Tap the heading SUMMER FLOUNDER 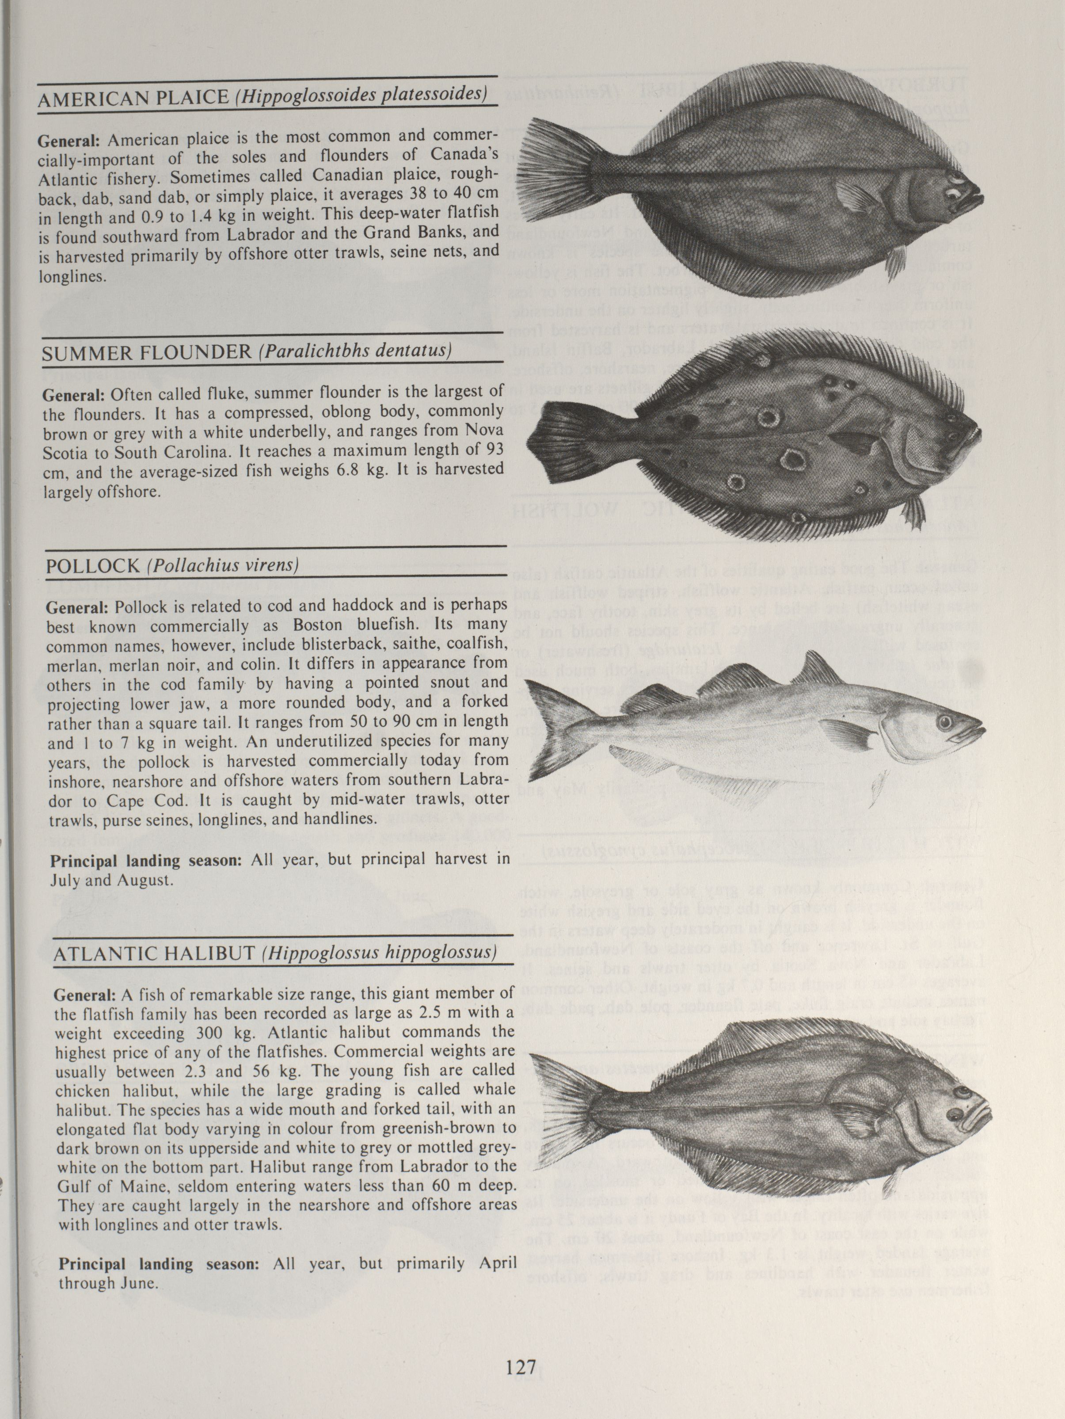[x=147, y=352]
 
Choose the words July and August [x=110, y=880]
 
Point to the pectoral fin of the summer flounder [x=853, y=441]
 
